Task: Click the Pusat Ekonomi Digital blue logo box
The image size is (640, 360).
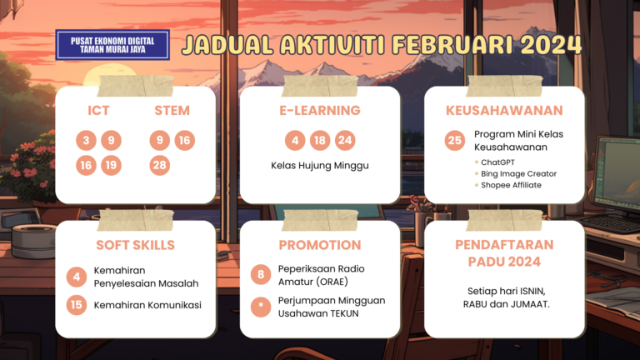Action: tap(112, 45)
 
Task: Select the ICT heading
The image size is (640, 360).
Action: tap(98, 111)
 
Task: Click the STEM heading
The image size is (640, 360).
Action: tap(172, 111)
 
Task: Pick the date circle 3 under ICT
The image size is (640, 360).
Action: tap(86, 140)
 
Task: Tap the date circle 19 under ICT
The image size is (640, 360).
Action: tap(111, 165)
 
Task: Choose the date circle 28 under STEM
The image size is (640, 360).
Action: tap(160, 165)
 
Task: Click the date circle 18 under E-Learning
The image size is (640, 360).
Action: tap(320, 140)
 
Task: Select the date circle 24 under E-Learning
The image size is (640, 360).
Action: tap(345, 140)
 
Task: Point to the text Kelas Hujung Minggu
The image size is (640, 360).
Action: tap(320, 166)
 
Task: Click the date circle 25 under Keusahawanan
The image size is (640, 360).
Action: tap(455, 140)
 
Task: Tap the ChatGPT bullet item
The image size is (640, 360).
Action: tap(495, 162)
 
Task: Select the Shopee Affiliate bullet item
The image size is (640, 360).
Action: tap(508, 185)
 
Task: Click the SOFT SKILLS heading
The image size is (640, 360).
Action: tap(136, 245)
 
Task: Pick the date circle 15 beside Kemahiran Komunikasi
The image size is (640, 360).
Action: tap(77, 305)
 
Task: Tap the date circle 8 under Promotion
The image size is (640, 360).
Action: tap(261, 274)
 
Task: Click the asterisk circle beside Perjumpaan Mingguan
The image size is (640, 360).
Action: tap(261, 307)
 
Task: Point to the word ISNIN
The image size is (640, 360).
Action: tap(531, 292)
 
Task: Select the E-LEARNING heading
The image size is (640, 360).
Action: tap(320, 111)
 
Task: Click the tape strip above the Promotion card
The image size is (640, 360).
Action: tap(320, 220)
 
